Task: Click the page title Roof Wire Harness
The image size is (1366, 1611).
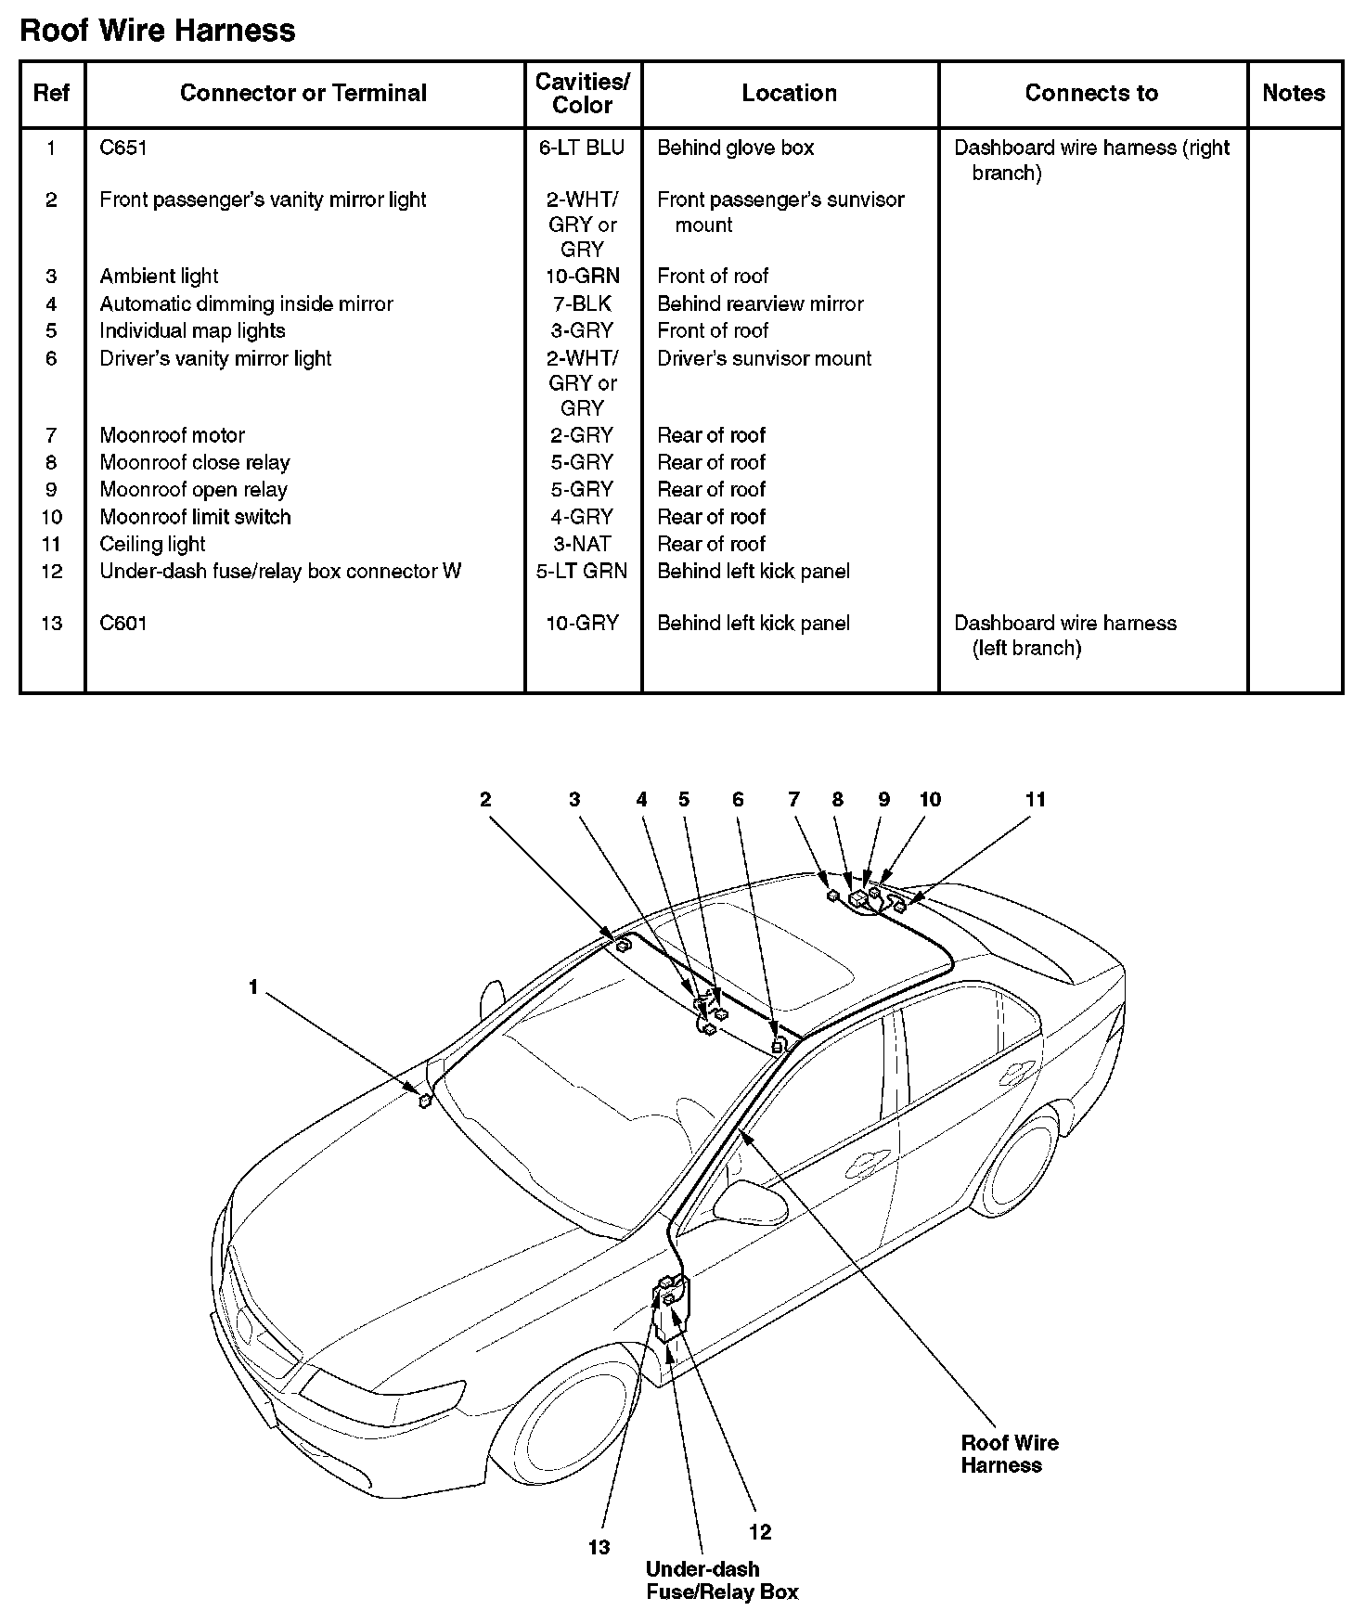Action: [x=157, y=31]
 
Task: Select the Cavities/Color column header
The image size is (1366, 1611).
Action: [x=582, y=94]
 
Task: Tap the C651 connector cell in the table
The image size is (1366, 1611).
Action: [x=123, y=148]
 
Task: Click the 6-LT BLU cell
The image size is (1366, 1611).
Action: [x=582, y=148]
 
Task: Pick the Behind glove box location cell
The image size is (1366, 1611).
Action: [x=735, y=148]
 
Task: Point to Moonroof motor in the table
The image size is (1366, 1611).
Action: [x=173, y=435]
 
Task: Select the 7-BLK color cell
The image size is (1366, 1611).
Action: [x=582, y=303]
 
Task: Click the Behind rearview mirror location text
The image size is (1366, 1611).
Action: [x=760, y=303]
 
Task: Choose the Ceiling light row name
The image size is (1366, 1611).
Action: [x=152, y=544]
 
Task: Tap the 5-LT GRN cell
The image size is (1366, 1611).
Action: [x=582, y=571]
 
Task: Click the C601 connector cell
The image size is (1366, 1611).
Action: [x=123, y=623]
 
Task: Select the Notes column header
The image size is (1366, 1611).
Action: [x=1294, y=93]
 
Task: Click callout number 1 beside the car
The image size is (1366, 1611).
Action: [x=252, y=987]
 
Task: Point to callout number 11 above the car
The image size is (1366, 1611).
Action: [x=1035, y=799]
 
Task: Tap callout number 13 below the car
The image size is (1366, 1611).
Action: [x=599, y=1547]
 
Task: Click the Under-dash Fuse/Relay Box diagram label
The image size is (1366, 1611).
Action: [x=721, y=1580]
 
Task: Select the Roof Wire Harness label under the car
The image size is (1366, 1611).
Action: [x=1009, y=1454]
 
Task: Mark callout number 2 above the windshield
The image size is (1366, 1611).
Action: [x=484, y=799]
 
